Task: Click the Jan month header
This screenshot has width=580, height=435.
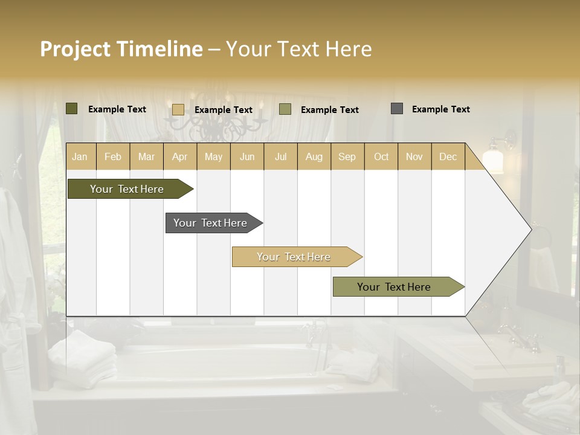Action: click(80, 156)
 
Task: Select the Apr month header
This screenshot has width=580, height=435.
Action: click(180, 156)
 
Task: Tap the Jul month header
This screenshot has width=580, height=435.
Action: click(280, 156)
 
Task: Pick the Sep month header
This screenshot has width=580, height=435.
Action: click(347, 156)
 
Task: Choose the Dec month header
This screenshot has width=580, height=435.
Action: click(448, 156)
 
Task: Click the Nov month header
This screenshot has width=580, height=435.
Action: click(414, 156)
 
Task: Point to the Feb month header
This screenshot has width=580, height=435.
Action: click(113, 156)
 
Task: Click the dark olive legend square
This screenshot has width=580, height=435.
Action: click(72, 109)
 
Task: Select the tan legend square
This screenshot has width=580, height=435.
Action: click(178, 109)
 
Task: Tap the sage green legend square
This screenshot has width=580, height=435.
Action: click(285, 109)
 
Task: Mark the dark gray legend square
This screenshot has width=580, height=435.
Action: click(396, 109)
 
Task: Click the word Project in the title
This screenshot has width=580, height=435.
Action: click(76, 49)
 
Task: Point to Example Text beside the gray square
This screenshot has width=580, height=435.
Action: click(440, 109)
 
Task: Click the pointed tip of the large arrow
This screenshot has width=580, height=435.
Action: click(530, 229)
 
